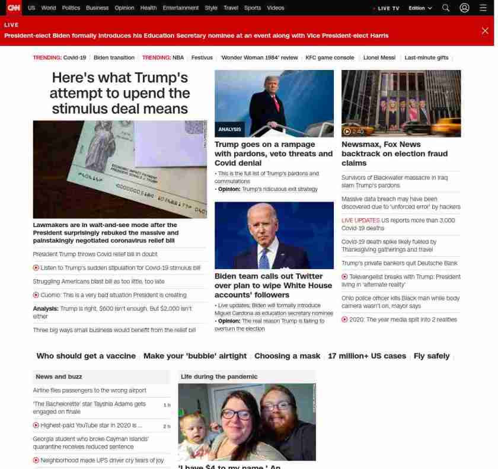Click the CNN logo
(13, 8)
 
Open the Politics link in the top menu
(71, 8)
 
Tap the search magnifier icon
(446, 8)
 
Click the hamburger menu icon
(483, 8)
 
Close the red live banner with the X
(485, 31)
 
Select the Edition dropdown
(420, 8)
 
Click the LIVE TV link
(387, 8)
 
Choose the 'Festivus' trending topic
(202, 58)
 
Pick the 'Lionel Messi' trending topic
(379, 58)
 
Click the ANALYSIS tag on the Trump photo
(229, 129)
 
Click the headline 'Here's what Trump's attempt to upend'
(120, 93)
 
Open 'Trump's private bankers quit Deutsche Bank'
(400, 263)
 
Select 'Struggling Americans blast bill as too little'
(99, 282)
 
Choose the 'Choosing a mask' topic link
(288, 356)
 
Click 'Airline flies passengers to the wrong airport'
(90, 390)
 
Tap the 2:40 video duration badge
(354, 132)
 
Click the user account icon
(465, 8)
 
